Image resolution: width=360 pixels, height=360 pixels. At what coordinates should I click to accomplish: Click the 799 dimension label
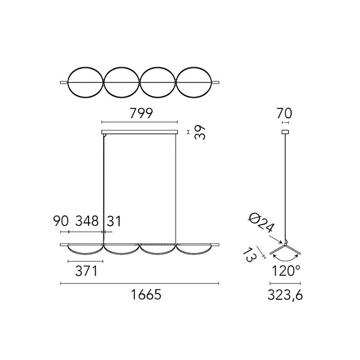pyautogui.click(x=141, y=113)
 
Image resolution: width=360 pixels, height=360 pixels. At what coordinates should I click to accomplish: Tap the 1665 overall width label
pyautogui.click(x=146, y=294)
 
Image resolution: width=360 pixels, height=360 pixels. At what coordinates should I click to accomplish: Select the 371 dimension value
pyautogui.click(x=86, y=271)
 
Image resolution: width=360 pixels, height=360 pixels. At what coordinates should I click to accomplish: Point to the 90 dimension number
pyautogui.click(x=61, y=221)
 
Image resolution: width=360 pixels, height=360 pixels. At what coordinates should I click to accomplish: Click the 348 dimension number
pyautogui.click(x=87, y=221)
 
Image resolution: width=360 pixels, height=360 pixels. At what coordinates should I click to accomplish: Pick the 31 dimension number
pyautogui.click(x=114, y=221)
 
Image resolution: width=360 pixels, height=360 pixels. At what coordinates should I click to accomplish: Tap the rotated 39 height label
pyautogui.click(x=200, y=132)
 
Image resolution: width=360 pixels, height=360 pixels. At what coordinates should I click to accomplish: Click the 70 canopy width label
pyautogui.click(x=284, y=113)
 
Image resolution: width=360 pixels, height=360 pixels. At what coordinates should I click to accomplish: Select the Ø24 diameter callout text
pyautogui.click(x=261, y=223)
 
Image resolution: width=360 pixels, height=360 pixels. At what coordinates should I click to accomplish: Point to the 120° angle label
pyautogui.click(x=286, y=271)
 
